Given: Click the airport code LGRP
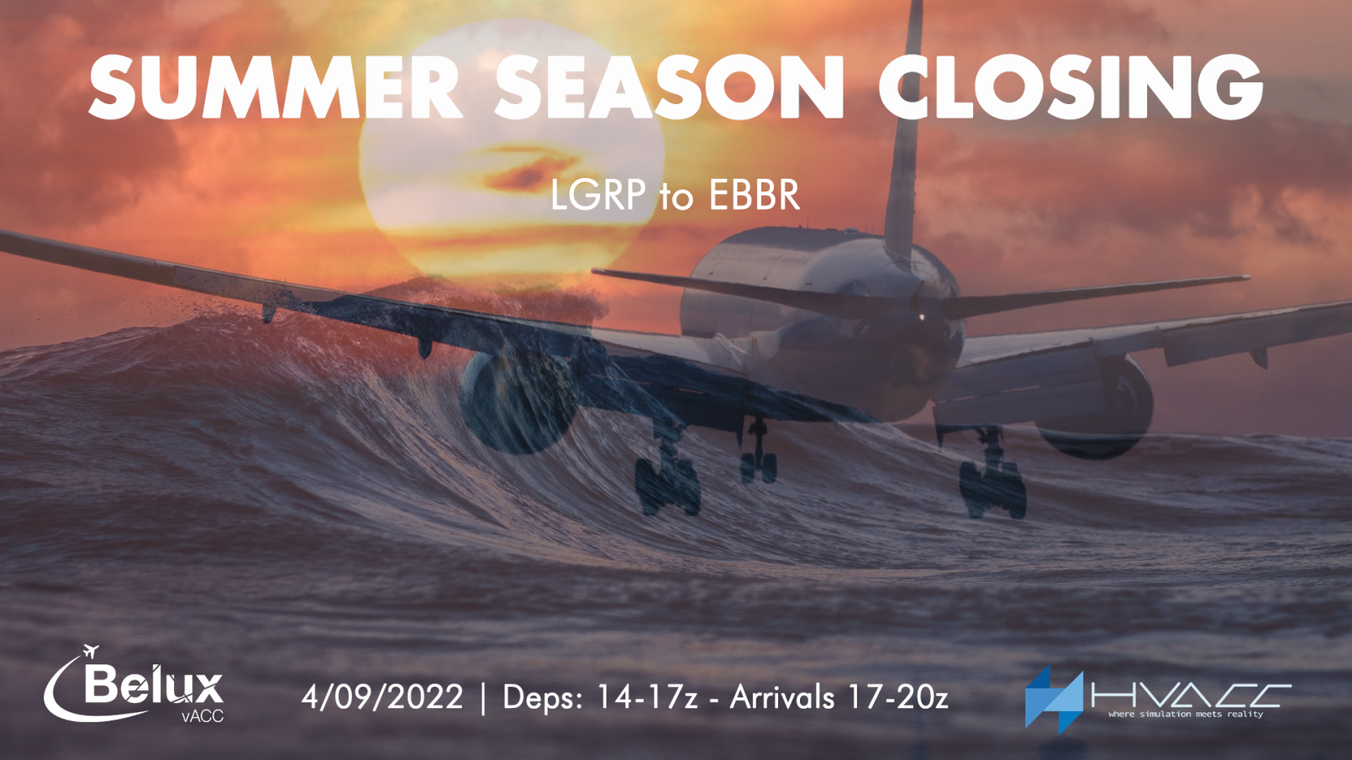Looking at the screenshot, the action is [x=598, y=195].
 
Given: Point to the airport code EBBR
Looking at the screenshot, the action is [x=755, y=195].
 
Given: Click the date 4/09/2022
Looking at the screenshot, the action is [x=382, y=697].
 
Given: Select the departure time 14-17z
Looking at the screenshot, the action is [x=647, y=697].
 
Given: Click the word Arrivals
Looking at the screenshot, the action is [x=782, y=697].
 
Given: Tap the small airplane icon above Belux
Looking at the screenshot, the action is [x=91, y=652].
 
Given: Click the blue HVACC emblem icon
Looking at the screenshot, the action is [x=1054, y=700].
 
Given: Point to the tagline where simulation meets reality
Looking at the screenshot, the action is [x=1186, y=715].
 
